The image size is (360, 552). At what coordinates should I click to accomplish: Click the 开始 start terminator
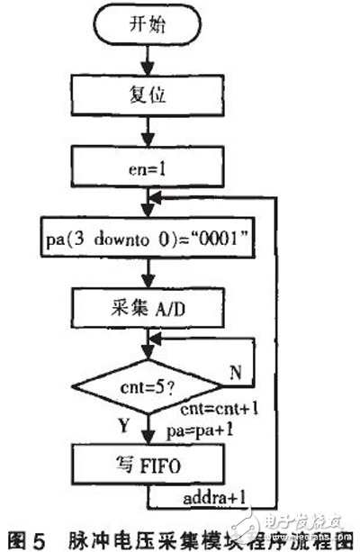tap(142, 26)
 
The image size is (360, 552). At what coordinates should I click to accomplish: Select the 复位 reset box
tap(142, 93)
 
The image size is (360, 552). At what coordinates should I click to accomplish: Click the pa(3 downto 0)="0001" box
tap(142, 240)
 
